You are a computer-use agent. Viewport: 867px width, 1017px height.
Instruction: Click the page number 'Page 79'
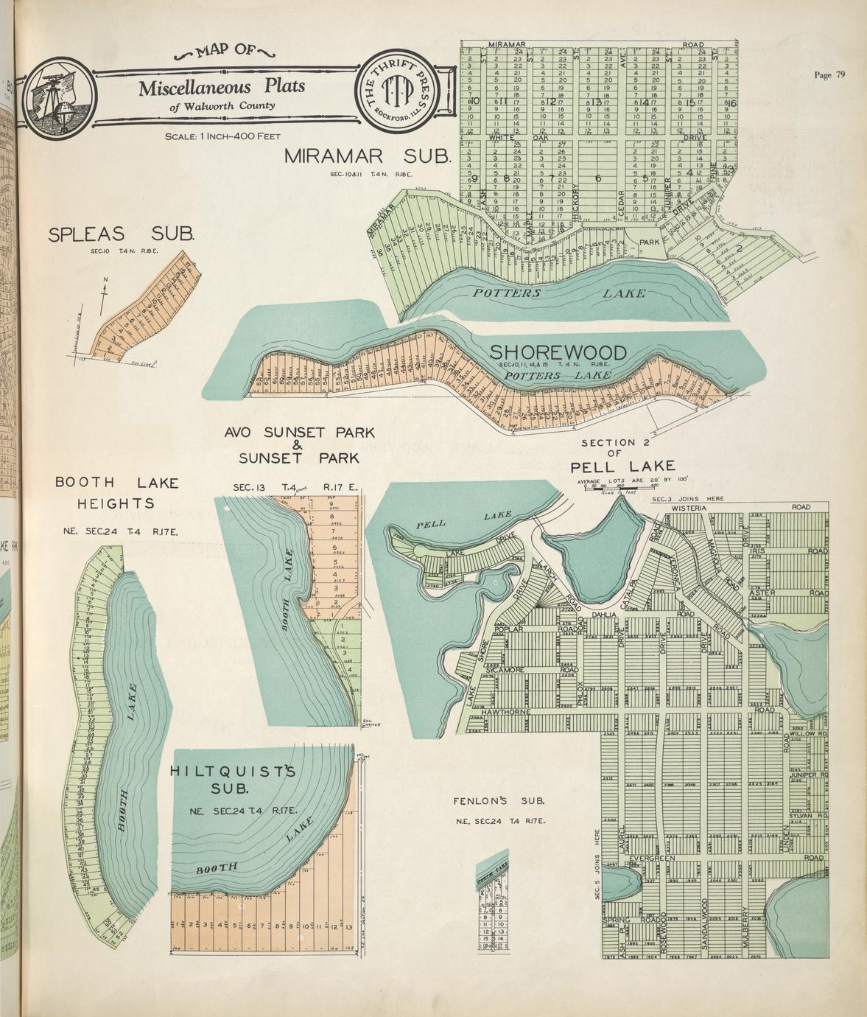click(x=829, y=74)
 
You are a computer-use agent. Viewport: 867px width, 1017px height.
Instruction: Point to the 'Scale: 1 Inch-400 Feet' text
click(x=222, y=136)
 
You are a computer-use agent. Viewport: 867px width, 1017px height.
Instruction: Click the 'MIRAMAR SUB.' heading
click(x=366, y=156)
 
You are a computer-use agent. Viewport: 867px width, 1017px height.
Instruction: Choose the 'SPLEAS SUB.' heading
click(x=121, y=234)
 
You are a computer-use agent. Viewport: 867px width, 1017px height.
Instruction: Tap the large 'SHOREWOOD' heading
click(x=558, y=352)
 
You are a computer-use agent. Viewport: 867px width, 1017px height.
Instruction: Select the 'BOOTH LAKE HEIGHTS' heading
click(x=116, y=493)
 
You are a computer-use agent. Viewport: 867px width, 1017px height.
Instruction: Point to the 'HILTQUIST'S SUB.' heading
click(x=232, y=780)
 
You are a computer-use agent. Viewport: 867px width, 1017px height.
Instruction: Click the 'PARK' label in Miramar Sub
click(x=648, y=242)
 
